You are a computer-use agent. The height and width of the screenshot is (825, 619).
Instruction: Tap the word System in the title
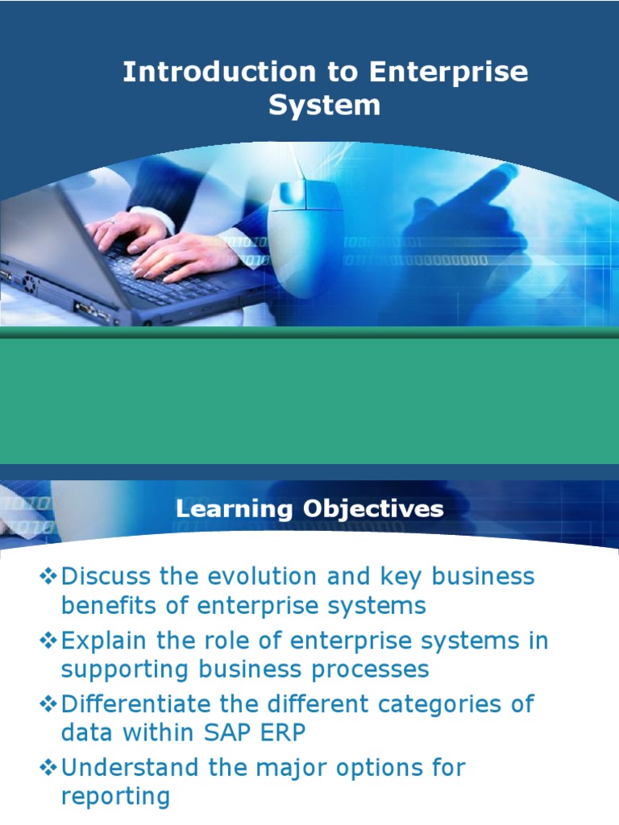click(x=325, y=106)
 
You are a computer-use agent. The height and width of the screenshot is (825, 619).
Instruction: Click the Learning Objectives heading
click(x=309, y=508)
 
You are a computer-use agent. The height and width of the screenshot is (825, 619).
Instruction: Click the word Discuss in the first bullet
click(x=108, y=576)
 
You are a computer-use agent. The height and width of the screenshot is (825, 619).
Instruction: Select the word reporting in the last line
click(x=115, y=797)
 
